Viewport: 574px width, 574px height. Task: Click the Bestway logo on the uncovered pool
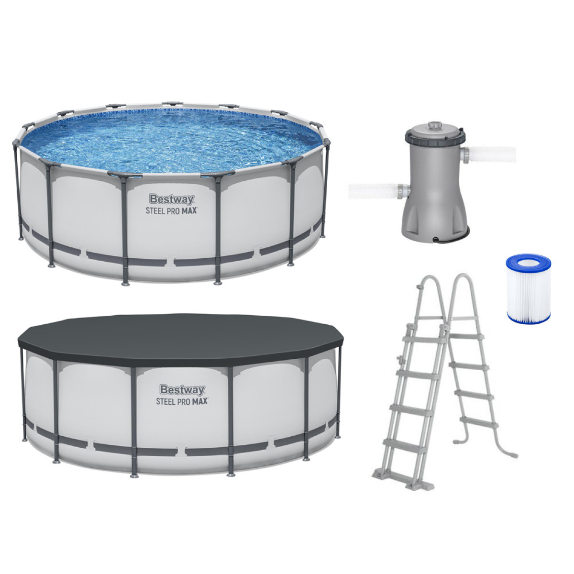172,199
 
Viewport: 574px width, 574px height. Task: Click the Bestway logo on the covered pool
182,390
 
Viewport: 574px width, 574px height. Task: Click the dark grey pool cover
181,340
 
